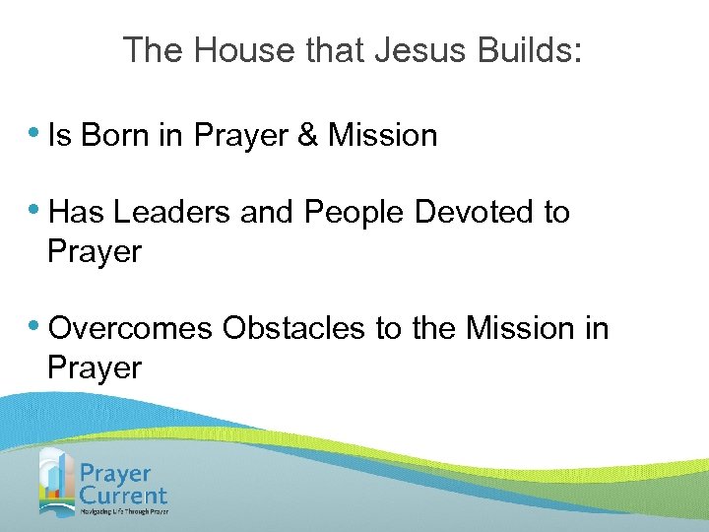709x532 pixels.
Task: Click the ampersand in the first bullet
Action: [308, 135]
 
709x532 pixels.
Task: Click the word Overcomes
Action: [130, 328]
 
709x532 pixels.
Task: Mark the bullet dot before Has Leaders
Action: [35, 210]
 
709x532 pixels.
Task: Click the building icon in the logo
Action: [56, 481]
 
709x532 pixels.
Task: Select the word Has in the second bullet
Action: [78, 212]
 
